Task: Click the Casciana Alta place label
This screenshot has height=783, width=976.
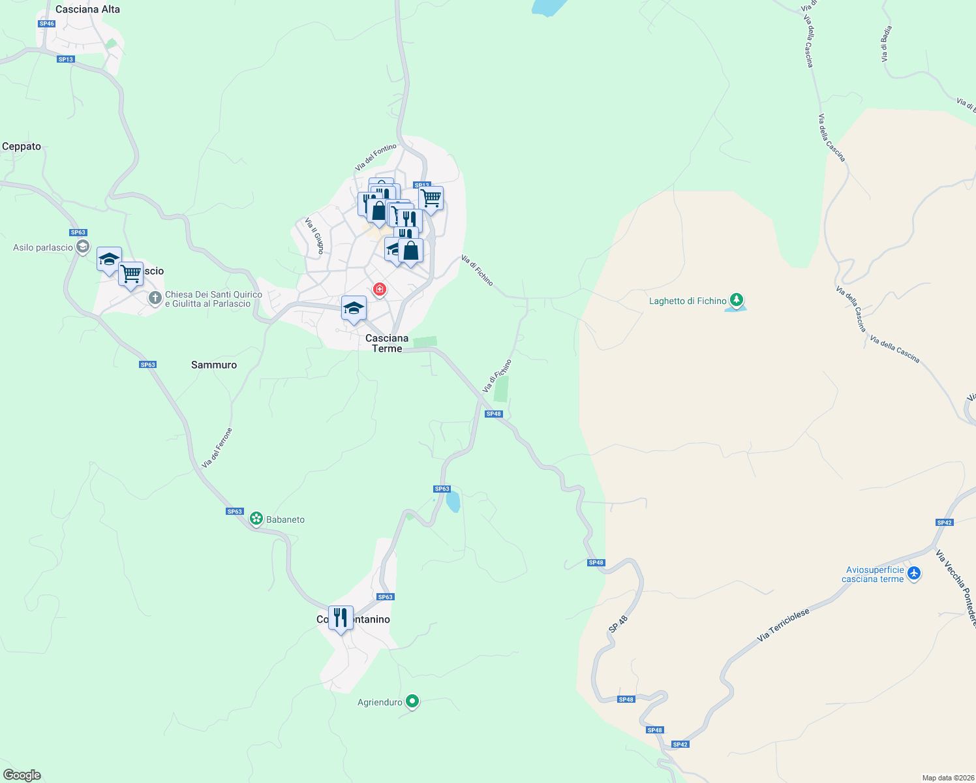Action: tap(87, 9)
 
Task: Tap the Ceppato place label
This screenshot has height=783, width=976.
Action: tap(22, 146)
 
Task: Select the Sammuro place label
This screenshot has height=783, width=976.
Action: tap(214, 365)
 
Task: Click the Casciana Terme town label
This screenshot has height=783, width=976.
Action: tap(387, 343)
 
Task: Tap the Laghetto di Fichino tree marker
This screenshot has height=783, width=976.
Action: tap(737, 300)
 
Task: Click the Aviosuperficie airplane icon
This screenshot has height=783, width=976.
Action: tap(914, 573)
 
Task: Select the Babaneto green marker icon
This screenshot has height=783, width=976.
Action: tap(256, 519)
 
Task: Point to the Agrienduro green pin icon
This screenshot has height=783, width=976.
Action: tap(412, 701)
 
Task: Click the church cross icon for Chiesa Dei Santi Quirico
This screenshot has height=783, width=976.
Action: tap(155, 298)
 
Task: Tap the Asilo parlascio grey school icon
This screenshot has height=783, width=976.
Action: tap(83, 247)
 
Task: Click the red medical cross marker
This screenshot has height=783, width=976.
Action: tap(379, 288)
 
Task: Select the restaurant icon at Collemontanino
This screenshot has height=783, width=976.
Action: tap(341, 617)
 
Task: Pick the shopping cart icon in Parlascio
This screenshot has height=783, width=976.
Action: tap(131, 274)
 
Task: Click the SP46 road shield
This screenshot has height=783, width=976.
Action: tap(46, 23)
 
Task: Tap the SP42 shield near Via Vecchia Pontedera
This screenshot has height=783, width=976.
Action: tap(944, 522)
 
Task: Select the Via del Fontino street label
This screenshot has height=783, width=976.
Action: tap(376, 157)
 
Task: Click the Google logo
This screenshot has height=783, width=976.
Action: tap(22, 775)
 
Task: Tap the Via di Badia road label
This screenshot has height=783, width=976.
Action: tap(886, 44)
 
